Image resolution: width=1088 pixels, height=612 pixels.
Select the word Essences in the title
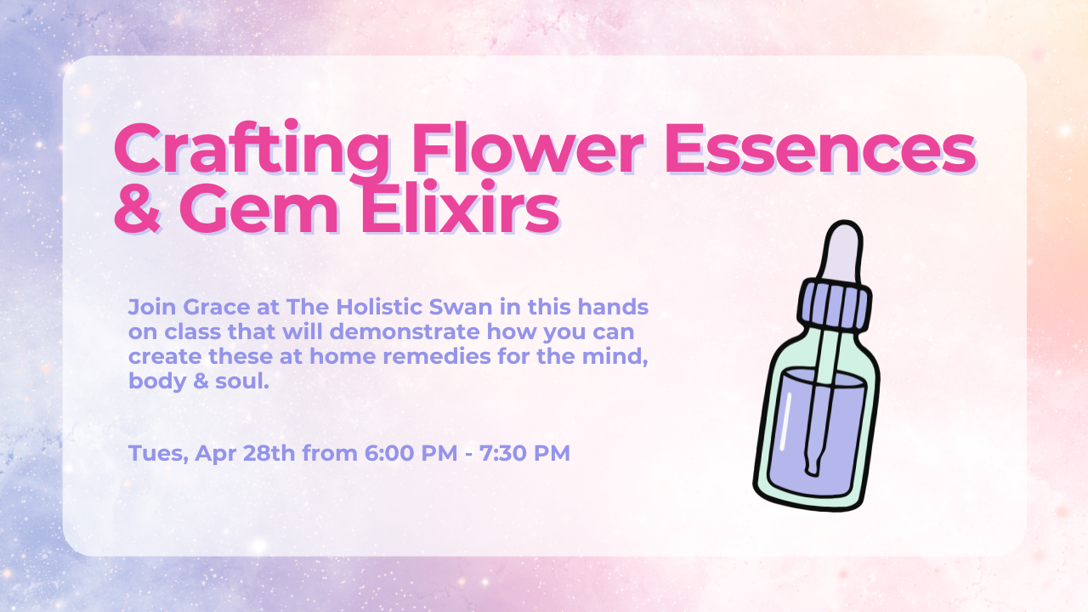(x=820, y=148)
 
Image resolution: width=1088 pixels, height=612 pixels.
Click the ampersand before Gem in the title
(x=138, y=208)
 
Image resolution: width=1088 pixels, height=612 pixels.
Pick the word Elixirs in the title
(x=460, y=206)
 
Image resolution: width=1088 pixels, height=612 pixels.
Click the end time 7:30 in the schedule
(x=502, y=453)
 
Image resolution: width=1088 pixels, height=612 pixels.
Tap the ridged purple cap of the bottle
(x=835, y=306)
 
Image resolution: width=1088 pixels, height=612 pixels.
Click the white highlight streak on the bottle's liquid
(x=785, y=421)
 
